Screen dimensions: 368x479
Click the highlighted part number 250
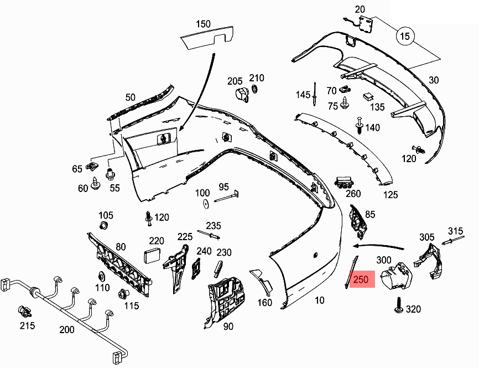point(360,279)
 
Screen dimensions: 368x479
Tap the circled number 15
point(404,37)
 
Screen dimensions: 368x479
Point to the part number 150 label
point(203,24)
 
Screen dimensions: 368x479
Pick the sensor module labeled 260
point(345,182)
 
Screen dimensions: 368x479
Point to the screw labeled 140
point(359,126)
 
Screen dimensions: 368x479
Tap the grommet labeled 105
point(103,225)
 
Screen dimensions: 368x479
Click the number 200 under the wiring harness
point(66,329)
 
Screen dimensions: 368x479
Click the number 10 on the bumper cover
point(319,300)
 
